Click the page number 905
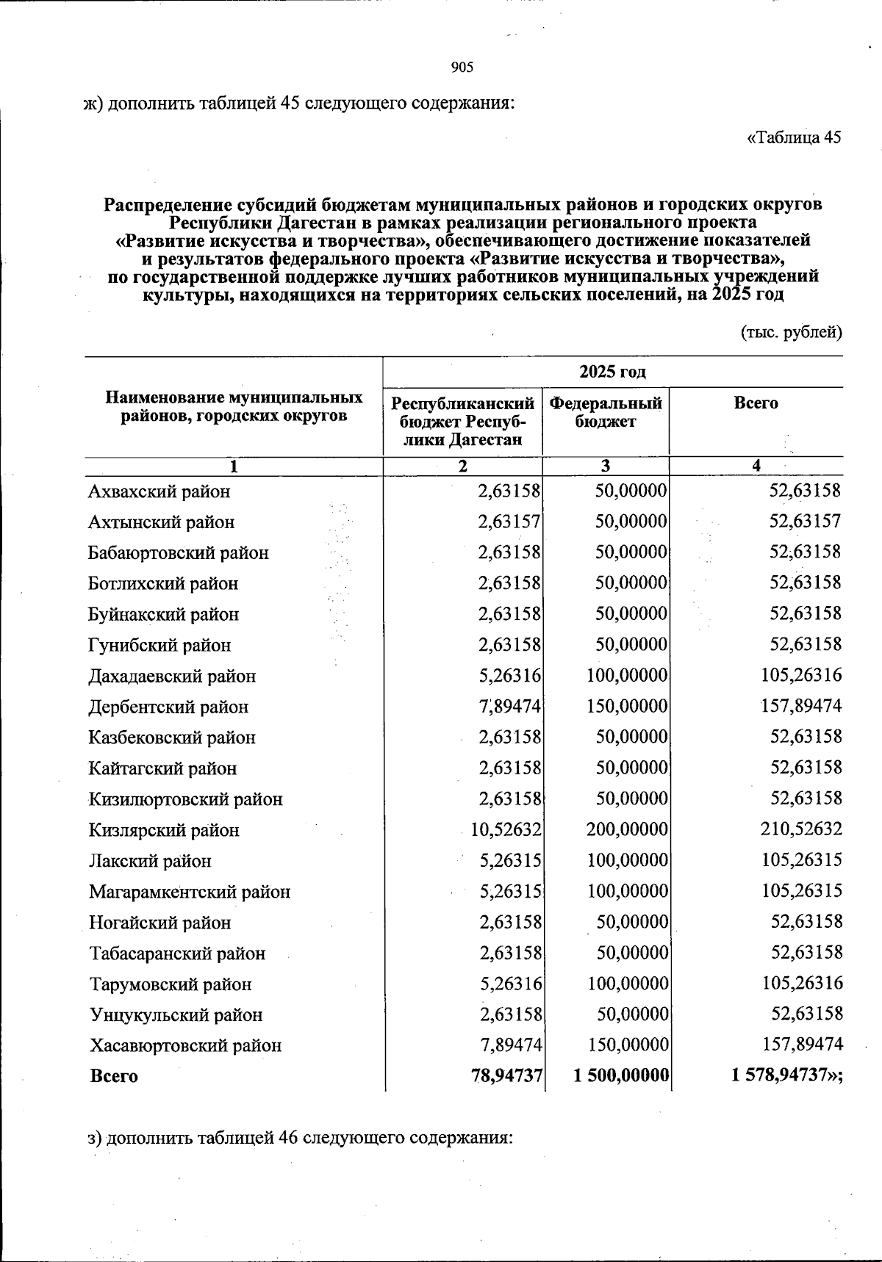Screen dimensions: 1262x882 click(x=462, y=68)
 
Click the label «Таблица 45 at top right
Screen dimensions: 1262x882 click(x=794, y=137)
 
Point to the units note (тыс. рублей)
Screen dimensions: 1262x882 click(x=790, y=332)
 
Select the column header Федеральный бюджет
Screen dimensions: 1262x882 click(x=606, y=412)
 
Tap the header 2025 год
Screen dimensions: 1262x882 click(x=612, y=372)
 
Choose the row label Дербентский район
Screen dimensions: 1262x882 click(x=168, y=707)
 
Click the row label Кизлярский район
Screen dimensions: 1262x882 click(x=164, y=830)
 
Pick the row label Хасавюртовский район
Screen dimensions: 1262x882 click(x=185, y=1045)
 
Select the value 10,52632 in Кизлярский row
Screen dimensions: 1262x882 click(x=506, y=829)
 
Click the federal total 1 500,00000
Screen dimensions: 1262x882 click(x=620, y=1075)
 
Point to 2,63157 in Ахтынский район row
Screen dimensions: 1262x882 click(x=509, y=522)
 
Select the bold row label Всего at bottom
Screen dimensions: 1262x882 click(x=114, y=1076)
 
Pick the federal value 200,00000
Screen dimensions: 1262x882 click(x=627, y=829)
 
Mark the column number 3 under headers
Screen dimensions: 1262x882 click(x=606, y=466)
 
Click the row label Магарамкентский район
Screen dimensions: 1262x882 click(x=190, y=892)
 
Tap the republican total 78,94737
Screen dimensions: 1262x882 click(x=506, y=1075)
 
